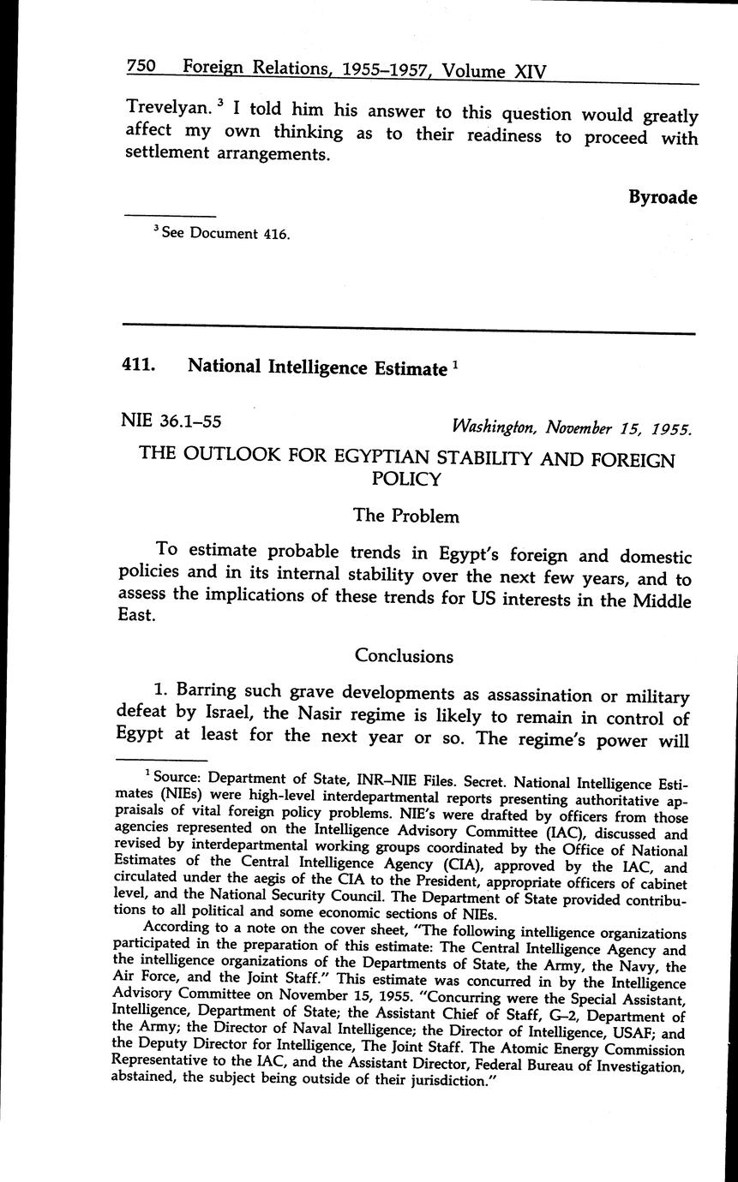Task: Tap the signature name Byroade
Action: tap(663, 198)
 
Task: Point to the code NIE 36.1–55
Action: tap(174, 421)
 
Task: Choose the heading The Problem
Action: tap(406, 516)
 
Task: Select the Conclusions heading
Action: tap(404, 656)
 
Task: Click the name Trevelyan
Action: tap(163, 108)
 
